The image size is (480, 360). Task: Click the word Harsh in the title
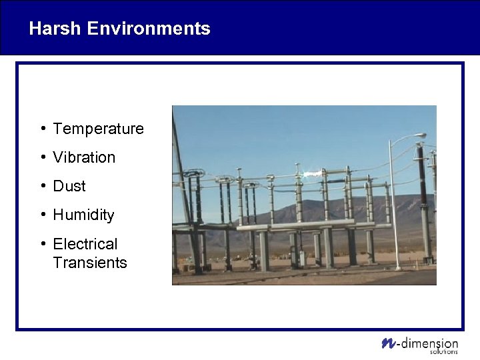coord(55,29)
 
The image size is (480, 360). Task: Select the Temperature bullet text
coord(98,129)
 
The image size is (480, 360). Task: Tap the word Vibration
coord(84,157)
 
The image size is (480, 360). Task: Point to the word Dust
coord(69,186)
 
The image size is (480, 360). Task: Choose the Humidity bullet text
coord(83,215)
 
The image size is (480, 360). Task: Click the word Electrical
coord(85,244)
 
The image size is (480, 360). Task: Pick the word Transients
coord(89,263)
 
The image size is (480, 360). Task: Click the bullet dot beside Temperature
coord(42,129)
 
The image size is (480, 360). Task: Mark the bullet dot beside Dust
coord(42,186)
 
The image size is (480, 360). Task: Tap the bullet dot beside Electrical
coord(42,244)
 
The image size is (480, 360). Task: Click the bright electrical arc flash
coord(311,175)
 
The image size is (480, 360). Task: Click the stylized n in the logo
coord(388,343)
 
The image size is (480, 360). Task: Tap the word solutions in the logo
coord(444,351)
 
